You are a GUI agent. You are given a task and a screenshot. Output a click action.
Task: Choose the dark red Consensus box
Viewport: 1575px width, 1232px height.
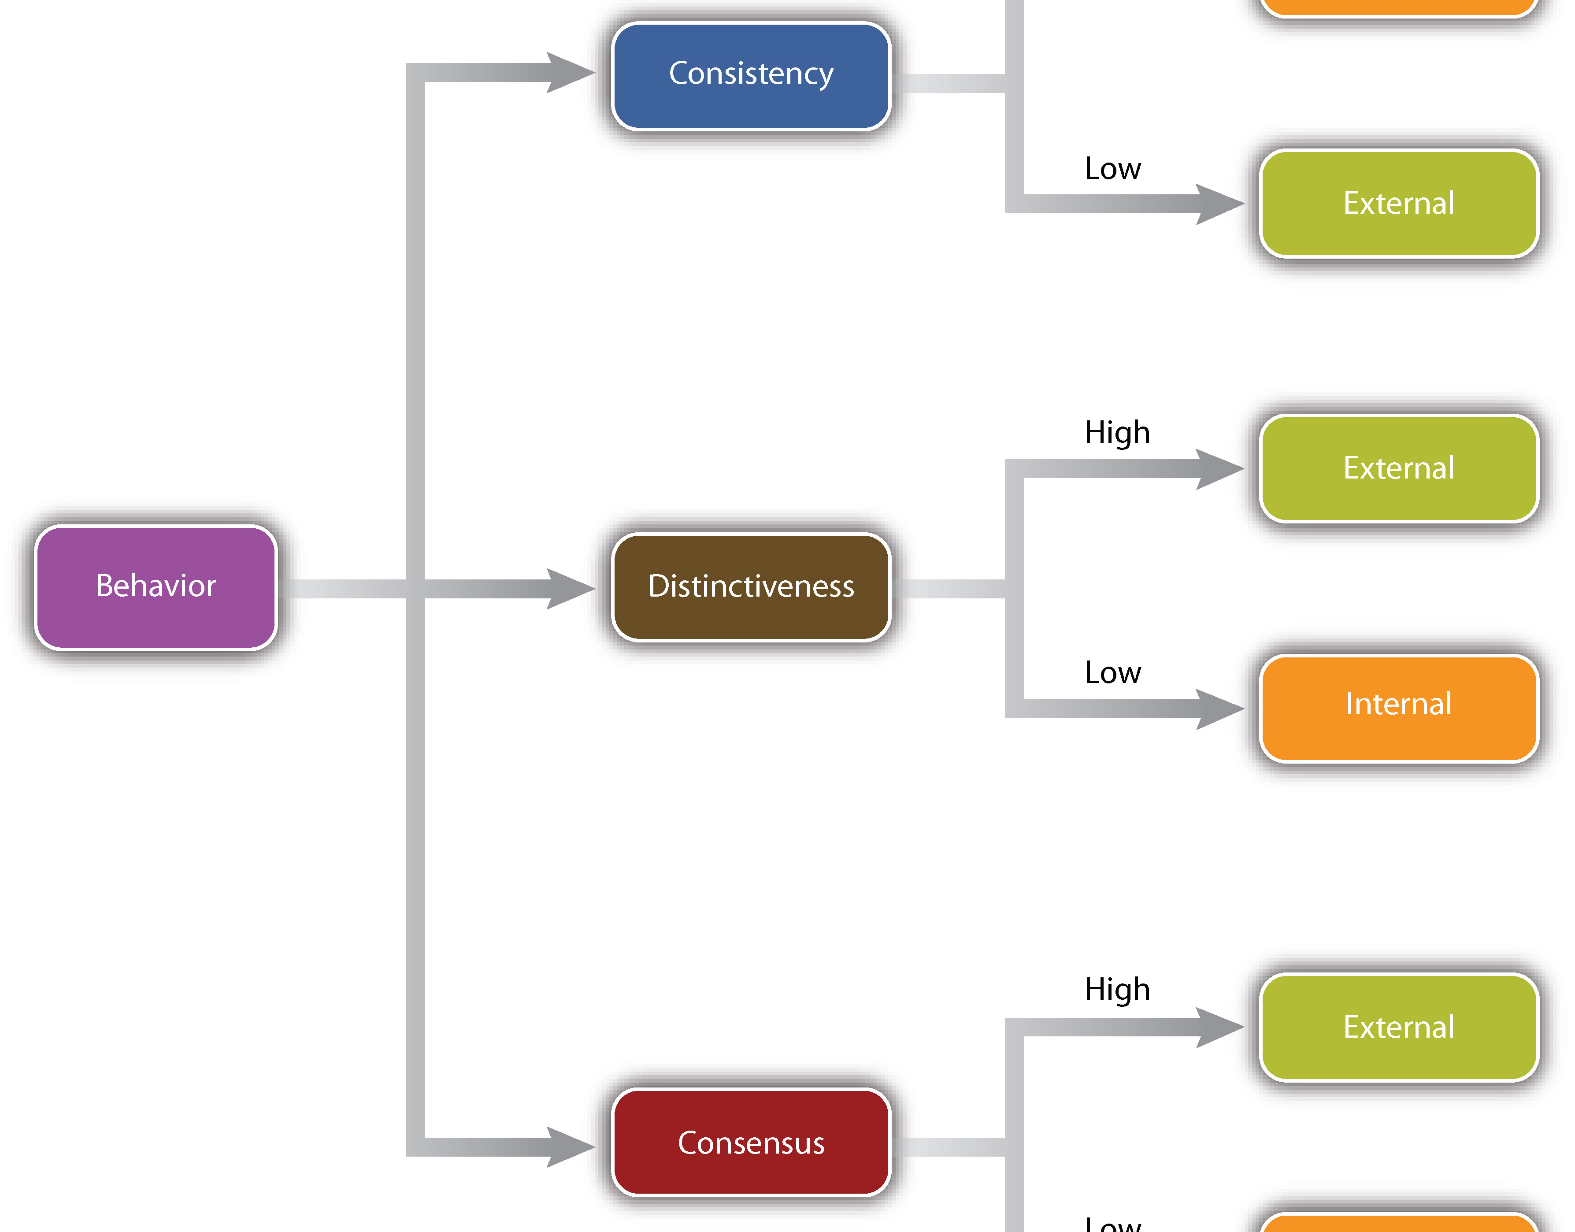click(751, 1143)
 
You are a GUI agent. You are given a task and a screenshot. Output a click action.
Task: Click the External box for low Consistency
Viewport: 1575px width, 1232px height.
click(1398, 204)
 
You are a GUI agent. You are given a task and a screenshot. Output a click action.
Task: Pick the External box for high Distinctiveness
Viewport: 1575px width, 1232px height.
click(1398, 468)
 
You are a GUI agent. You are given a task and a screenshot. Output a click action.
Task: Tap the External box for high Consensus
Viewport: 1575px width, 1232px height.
click(1398, 1027)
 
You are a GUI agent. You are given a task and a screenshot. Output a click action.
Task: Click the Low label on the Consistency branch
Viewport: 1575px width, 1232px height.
click(1113, 169)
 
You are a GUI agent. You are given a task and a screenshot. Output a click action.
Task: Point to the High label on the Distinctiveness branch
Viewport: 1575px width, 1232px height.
click(1117, 433)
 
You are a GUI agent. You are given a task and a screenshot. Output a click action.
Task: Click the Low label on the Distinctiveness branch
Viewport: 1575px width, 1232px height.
click(1113, 673)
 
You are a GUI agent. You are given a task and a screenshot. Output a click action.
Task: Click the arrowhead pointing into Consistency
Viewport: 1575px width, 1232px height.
click(570, 73)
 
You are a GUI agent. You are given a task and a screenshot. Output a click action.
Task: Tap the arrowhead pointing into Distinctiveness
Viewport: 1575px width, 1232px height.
click(570, 589)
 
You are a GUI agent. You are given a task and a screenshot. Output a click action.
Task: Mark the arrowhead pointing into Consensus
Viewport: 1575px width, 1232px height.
click(570, 1147)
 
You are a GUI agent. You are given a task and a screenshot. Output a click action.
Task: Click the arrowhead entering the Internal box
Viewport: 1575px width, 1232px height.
click(1219, 709)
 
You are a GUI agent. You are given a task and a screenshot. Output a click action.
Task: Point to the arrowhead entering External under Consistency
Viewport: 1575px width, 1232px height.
click(1219, 204)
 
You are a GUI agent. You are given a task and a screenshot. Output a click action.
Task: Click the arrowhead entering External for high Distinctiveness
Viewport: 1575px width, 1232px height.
click(1219, 469)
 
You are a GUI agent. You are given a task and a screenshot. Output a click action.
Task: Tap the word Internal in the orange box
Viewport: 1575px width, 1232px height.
click(1398, 704)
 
